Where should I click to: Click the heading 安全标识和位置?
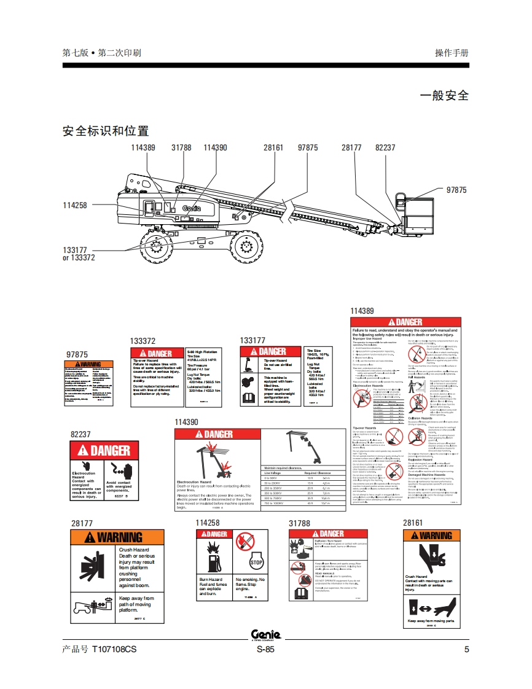click(x=106, y=131)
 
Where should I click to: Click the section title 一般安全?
click(x=444, y=95)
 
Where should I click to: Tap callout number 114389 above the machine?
click(x=143, y=148)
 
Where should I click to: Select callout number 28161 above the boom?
click(x=273, y=148)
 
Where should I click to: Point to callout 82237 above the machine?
click(x=385, y=148)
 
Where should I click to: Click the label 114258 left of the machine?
click(x=75, y=205)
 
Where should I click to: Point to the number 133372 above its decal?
click(x=143, y=341)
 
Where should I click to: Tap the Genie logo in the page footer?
click(x=265, y=635)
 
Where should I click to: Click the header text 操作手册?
click(x=452, y=53)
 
